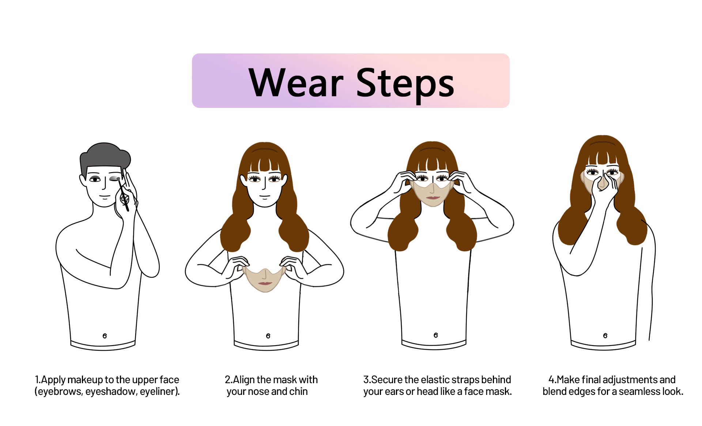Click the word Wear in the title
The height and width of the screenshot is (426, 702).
(296, 83)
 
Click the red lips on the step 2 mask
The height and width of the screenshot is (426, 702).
(265, 283)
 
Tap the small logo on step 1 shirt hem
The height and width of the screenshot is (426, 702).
(105, 336)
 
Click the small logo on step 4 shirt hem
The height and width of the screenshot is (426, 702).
(605, 335)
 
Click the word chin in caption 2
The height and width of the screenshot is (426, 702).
(298, 391)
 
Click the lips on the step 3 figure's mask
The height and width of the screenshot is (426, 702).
(433, 198)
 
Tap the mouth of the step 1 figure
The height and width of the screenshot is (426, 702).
(105, 197)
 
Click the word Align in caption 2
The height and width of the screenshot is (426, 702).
(244, 380)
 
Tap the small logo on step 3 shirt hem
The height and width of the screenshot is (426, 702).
(435, 335)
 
